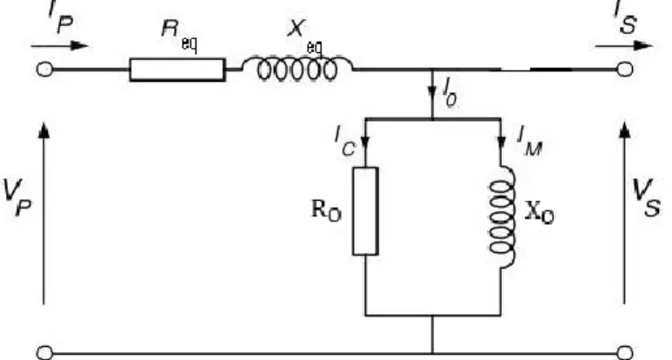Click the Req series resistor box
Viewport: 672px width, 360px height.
pyautogui.click(x=177, y=70)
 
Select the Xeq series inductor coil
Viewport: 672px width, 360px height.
pyautogui.click(x=297, y=68)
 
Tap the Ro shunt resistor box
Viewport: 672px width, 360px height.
pyautogui.click(x=365, y=211)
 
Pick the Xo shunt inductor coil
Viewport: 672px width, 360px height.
pyautogui.click(x=502, y=217)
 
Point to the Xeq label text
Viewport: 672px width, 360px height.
pyautogui.click(x=305, y=37)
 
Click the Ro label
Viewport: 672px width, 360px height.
pyautogui.click(x=326, y=211)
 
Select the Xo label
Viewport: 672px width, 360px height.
pyautogui.click(x=539, y=212)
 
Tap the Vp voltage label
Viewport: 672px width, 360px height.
pyautogui.click(x=17, y=198)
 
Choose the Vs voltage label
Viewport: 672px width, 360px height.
pyautogui.click(x=646, y=198)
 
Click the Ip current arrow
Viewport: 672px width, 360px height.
pyautogui.click(x=60, y=45)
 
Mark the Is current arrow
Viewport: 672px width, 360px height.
pyautogui.click(x=624, y=45)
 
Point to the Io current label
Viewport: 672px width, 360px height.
pyautogui.click(x=450, y=92)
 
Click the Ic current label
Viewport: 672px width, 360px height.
pyautogui.click(x=345, y=143)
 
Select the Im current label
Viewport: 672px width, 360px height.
pyautogui.click(x=529, y=142)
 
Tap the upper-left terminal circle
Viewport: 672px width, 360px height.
pyautogui.click(x=44, y=70)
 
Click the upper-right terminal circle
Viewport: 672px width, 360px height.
pyautogui.click(x=624, y=70)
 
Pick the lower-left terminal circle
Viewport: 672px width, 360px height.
pyautogui.click(x=44, y=353)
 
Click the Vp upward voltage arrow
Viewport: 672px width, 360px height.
pyautogui.click(x=43, y=213)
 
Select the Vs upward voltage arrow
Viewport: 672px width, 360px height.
pyautogui.click(x=624, y=213)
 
